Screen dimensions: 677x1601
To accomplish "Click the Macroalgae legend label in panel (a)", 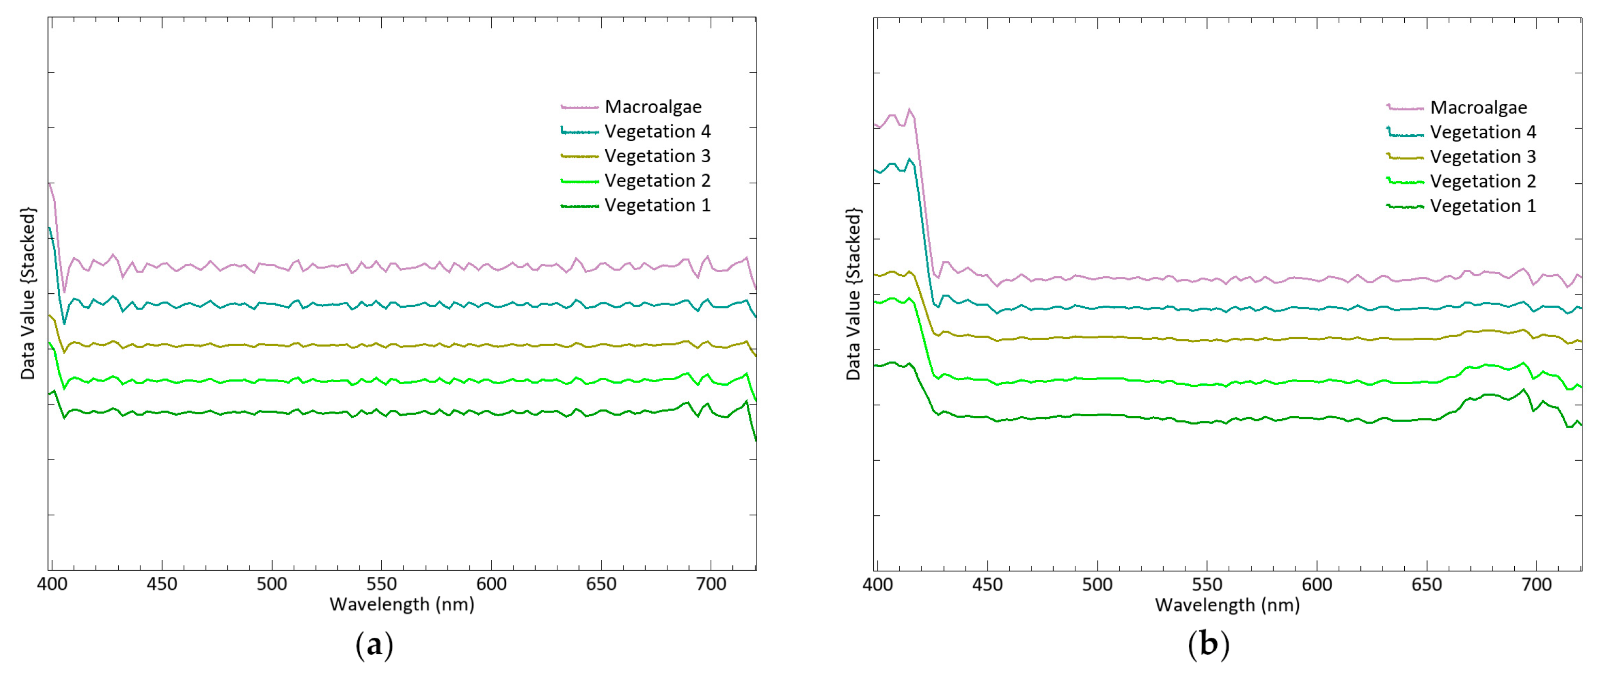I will (x=653, y=107).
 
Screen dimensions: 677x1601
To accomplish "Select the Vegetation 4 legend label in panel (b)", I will (x=1482, y=132).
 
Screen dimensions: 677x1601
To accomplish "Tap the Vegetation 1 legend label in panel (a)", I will (x=657, y=205).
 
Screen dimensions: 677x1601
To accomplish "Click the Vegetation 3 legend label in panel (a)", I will (x=657, y=156).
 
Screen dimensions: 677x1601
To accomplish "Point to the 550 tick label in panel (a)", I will (x=381, y=585).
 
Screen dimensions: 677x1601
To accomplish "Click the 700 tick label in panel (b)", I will (x=1536, y=585).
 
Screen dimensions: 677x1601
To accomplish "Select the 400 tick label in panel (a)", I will (x=52, y=585).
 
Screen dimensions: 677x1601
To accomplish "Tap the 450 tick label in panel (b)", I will (x=987, y=585).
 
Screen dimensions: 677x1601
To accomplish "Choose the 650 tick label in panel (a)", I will (x=601, y=585).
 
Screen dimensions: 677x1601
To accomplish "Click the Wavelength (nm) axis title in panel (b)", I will (x=1227, y=605).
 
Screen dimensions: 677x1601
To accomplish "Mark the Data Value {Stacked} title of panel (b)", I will (x=853, y=293).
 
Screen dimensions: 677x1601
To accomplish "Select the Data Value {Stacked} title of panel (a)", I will (x=28, y=293).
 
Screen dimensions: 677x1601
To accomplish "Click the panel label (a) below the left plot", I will (x=374, y=645).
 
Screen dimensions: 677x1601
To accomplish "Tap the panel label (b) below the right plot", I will (x=1207, y=645).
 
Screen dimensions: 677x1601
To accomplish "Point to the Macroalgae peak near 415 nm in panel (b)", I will (x=909, y=110).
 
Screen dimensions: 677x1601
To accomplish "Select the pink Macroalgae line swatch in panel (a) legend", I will (x=579, y=107).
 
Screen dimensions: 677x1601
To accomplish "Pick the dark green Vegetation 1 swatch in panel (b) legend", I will (x=1405, y=207).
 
